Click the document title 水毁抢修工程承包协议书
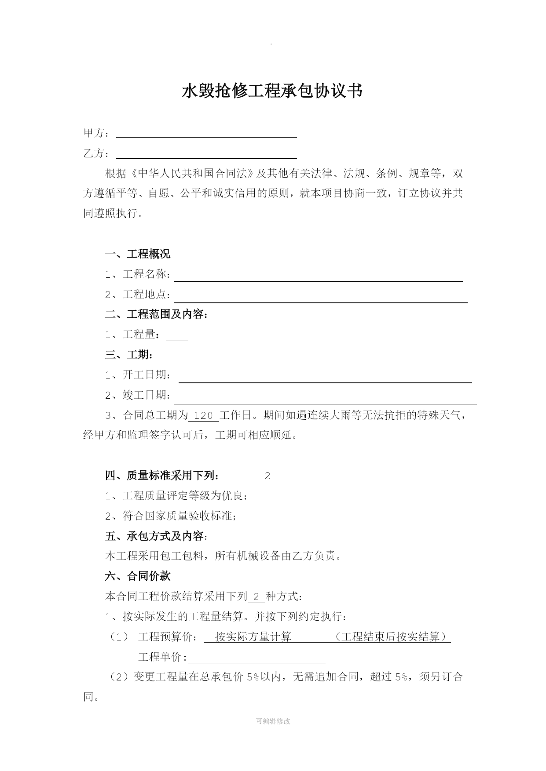pos(272,91)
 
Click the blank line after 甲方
pos(206,133)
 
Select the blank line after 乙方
pos(206,154)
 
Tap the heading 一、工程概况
pos(137,254)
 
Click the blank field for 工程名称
pos(318,277)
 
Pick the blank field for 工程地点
pos(320,298)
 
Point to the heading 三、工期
pos(128,355)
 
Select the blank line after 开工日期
pos(325,378)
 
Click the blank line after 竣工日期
pos(325,399)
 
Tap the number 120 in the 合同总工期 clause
pos(203,416)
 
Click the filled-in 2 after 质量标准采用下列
pos(268,476)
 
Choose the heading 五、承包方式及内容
pos(156,536)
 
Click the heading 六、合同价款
pos(137,576)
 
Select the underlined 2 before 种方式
pos(257,597)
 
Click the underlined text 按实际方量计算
pos(253,637)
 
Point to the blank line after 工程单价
pos(257,658)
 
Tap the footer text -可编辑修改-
pos(273,721)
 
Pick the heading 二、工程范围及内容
pos(156,315)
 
